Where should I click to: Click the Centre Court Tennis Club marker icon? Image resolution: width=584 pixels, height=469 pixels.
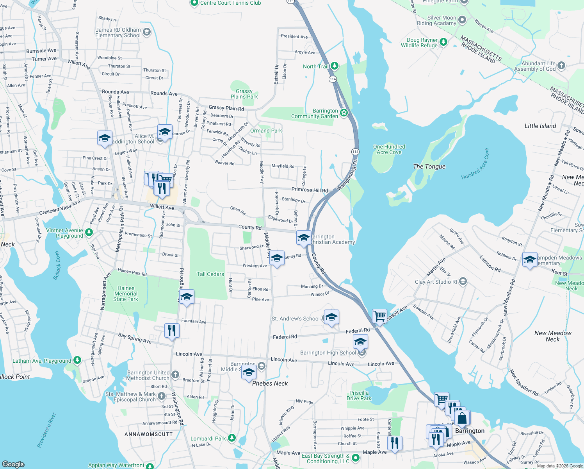[194, 3]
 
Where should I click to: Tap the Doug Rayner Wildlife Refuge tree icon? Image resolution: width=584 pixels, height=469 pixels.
[443, 42]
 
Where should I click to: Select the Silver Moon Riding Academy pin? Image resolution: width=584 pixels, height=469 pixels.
[462, 20]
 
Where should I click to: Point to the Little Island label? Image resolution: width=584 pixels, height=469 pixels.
[540, 126]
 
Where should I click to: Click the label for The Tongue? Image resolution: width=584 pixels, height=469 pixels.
[429, 166]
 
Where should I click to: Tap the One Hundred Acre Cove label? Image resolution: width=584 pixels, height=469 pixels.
[389, 149]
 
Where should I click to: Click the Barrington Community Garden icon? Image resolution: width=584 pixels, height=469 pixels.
[344, 113]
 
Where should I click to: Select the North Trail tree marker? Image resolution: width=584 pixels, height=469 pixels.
[335, 66]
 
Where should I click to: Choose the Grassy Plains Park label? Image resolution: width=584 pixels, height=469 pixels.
[244, 94]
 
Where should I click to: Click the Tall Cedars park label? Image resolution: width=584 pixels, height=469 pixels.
[210, 274]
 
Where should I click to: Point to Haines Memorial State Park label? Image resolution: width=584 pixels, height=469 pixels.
[126, 294]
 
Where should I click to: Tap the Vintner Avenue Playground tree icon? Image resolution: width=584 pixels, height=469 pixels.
[89, 233]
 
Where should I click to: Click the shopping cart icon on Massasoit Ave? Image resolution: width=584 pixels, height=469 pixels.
[379, 315]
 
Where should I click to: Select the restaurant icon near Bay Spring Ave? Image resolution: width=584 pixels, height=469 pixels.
[172, 330]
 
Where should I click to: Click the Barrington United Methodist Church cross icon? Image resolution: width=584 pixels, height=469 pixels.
[175, 375]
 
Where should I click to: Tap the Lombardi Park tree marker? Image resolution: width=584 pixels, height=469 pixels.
[231, 438]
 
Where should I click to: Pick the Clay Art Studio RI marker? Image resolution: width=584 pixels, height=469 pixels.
[463, 281]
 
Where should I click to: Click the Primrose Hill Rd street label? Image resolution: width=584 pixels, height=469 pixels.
[310, 190]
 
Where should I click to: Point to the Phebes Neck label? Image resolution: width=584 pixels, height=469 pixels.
[270, 383]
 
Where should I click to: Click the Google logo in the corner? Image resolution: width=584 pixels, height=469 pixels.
[13, 464]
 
